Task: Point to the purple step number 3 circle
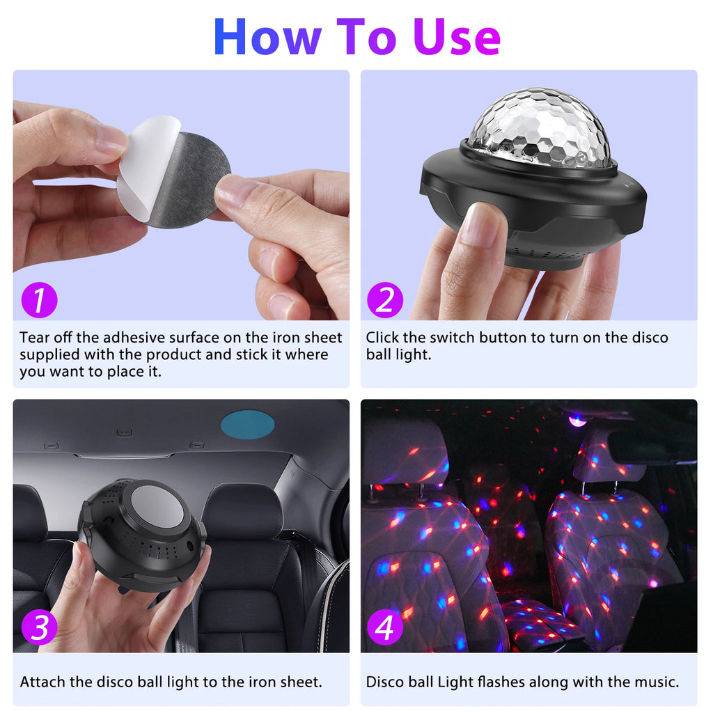click(39, 628)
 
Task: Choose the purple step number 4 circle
click(384, 628)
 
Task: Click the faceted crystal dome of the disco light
click(540, 129)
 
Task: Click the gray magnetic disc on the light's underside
click(157, 506)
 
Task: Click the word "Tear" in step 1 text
click(35, 338)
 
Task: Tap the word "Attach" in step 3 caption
click(42, 682)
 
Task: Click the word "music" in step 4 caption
click(653, 682)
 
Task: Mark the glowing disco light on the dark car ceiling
click(577, 419)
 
